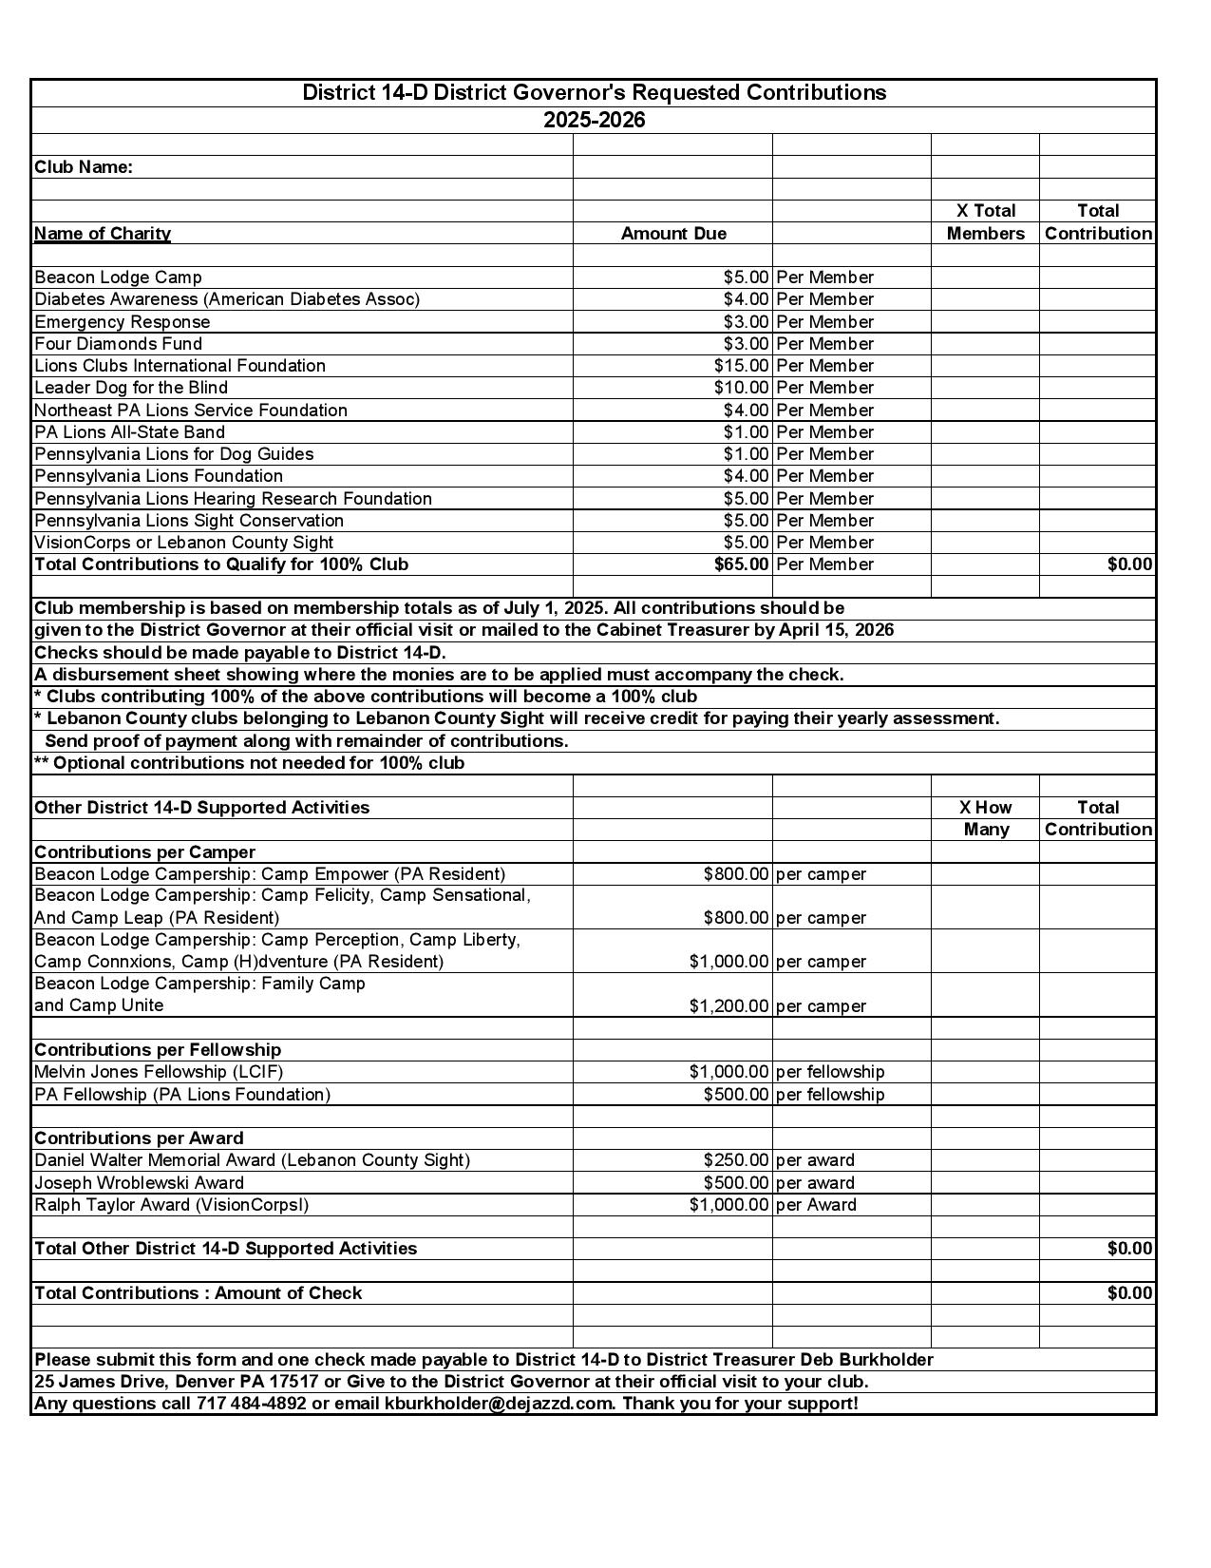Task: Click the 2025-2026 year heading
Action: point(594,121)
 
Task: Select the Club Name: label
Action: point(84,167)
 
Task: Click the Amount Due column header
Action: point(673,234)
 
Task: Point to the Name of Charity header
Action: point(103,234)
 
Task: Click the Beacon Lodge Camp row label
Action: point(118,277)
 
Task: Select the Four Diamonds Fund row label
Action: point(118,344)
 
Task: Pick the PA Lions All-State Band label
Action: point(129,432)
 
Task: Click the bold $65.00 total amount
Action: point(741,564)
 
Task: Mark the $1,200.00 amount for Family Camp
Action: point(728,1006)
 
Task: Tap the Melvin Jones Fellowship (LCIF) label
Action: point(159,1072)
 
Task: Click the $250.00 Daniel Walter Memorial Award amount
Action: point(735,1160)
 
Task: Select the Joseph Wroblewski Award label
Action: point(139,1183)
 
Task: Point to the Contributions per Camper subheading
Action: point(144,852)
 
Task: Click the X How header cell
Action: point(985,808)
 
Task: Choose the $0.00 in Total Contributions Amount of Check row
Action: point(1129,1293)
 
